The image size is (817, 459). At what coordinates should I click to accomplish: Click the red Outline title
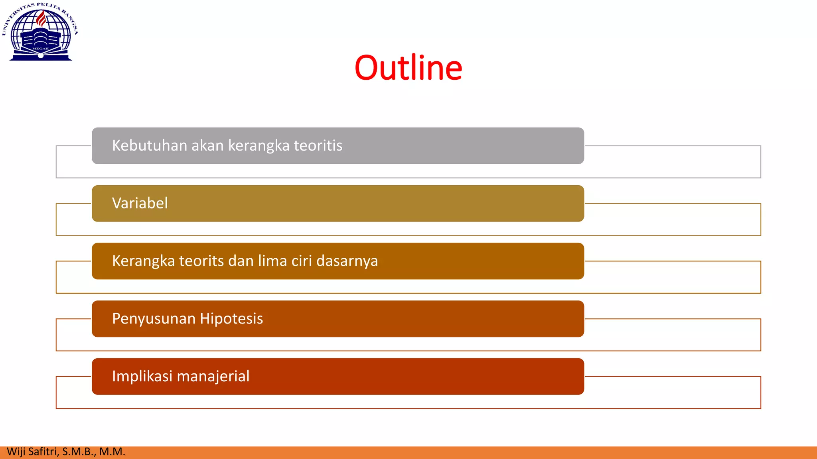408,68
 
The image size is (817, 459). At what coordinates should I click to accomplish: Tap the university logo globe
40,34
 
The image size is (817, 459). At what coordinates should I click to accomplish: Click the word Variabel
140,203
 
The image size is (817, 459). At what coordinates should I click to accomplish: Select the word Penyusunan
154,319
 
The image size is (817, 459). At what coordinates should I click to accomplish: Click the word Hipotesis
231,319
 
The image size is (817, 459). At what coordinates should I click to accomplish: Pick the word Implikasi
142,377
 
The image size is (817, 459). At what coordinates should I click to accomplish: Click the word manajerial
213,377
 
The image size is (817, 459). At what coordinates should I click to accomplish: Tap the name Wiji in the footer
16,452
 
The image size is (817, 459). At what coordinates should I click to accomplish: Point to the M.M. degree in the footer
112,452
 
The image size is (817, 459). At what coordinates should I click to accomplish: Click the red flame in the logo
41,19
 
